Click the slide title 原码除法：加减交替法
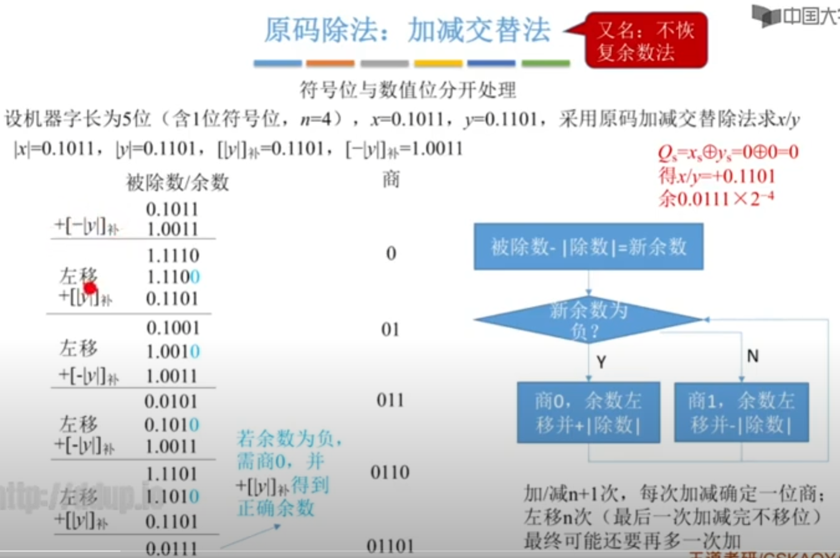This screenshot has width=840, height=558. (407, 30)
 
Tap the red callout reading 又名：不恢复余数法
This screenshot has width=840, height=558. (646, 41)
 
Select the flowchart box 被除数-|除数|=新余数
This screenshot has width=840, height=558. (588, 247)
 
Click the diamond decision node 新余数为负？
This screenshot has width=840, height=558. (588, 320)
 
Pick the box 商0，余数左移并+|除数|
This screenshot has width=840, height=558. (588, 412)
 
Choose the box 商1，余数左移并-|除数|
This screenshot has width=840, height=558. (741, 412)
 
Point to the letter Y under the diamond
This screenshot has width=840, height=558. (601, 363)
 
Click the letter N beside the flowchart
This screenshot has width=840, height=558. (752, 356)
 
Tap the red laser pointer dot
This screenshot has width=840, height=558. (91, 288)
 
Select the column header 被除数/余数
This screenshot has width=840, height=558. (177, 182)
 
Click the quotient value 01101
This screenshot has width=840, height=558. (390, 546)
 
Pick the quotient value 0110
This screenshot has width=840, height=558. (390, 472)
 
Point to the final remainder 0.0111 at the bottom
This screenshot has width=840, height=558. (171, 549)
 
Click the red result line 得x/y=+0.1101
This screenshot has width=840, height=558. (717, 176)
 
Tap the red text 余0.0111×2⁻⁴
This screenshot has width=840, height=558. (716, 198)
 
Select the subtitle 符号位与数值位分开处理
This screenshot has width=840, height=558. (407, 91)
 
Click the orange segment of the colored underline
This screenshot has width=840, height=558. (330, 63)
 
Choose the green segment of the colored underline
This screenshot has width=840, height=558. (546, 63)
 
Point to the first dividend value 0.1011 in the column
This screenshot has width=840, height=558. (172, 209)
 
